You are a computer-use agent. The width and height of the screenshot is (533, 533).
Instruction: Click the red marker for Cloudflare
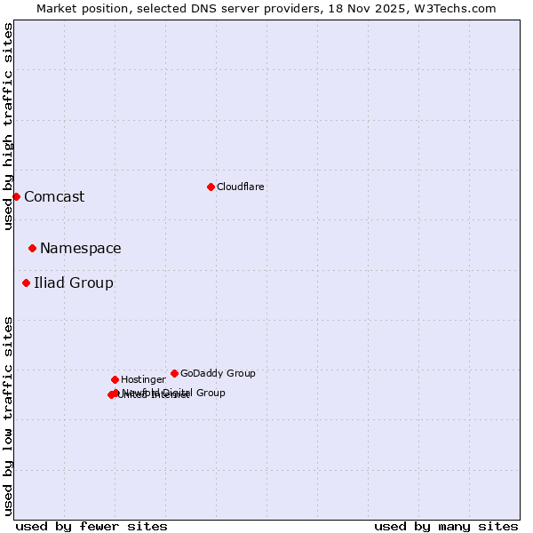tap(211, 187)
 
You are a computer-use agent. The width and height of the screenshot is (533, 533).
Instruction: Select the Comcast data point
tap(16, 196)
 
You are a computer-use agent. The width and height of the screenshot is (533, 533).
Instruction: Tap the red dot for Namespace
tap(32, 248)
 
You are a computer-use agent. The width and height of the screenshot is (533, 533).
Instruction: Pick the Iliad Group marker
tap(26, 282)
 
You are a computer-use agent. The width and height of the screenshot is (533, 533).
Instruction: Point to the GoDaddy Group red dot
tap(174, 373)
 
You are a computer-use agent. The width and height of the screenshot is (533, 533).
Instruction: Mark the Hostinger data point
tap(115, 379)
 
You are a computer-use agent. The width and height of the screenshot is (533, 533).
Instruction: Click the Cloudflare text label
tap(241, 187)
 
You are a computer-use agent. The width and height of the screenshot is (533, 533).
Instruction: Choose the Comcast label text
tap(54, 196)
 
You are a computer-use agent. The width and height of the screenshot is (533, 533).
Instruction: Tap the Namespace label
tap(81, 248)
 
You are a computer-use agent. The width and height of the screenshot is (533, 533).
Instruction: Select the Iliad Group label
tap(74, 282)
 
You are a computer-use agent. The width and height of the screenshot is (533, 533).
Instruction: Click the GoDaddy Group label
tap(218, 373)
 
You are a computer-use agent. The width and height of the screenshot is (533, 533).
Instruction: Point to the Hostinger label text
tap(143, 379)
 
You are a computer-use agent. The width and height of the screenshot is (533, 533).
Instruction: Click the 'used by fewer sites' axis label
tap(91, 526)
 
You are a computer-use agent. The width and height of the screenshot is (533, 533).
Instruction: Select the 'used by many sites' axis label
tap(446, 526)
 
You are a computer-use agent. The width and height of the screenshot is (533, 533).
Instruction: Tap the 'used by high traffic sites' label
tap(8, 126)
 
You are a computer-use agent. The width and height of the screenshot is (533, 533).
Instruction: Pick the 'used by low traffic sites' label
tap(8, 416)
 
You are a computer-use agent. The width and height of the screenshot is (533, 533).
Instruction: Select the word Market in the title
tap(58, 8)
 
